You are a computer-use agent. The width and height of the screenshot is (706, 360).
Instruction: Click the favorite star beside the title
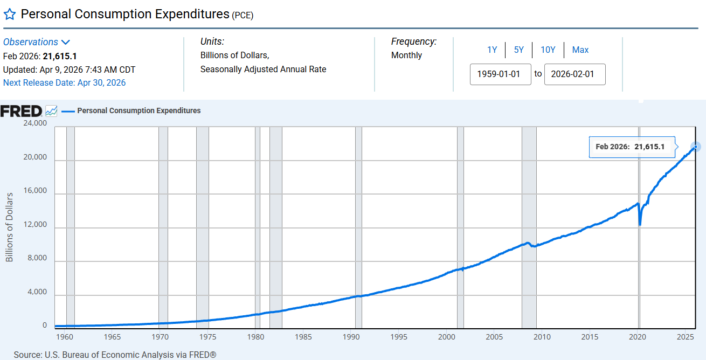click(10, 15)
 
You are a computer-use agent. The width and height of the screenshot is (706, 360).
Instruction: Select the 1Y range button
click(492, 50)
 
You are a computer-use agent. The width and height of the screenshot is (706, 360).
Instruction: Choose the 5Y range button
click(518, 50)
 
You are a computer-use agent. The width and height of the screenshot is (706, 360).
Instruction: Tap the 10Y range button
click(548, 50)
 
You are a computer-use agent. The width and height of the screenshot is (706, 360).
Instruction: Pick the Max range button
click(580, 50)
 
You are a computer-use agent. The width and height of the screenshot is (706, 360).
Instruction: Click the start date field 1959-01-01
click(501, 74)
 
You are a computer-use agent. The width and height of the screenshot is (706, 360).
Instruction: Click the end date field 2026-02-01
click(575, 74)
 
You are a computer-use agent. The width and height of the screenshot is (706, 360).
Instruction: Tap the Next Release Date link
click(64, 82)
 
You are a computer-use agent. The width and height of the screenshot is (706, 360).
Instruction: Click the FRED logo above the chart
click(22, 111)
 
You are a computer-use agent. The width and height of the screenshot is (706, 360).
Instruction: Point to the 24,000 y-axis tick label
click(34, 123)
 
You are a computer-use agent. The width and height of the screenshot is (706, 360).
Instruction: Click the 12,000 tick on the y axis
click(34, 225)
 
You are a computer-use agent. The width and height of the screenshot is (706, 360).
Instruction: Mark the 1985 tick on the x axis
click(303, 337)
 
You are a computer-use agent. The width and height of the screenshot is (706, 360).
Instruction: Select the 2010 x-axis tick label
click(542, 337)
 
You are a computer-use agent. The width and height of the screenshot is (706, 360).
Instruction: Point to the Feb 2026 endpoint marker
click(696, 147)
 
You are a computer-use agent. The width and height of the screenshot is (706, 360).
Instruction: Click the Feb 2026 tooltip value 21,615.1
click(649, 147)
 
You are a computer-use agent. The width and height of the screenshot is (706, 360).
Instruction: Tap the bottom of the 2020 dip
click(640, 224)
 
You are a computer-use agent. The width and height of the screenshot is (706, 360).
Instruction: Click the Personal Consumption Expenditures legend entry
click(139, 110)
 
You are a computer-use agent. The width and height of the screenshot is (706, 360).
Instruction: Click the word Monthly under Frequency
click(406, 55)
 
